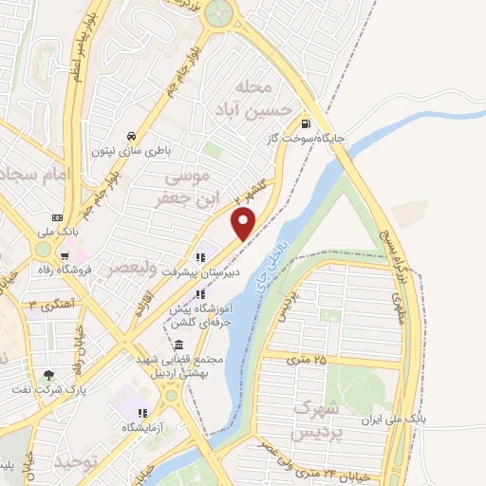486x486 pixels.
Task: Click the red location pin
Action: pyautogui.click(x=244, y=222)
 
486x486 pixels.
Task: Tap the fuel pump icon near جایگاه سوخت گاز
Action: pyautogui.click(x=304, y=123)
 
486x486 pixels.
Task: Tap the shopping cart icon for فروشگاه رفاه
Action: pyautogui.click(x=64, y=255)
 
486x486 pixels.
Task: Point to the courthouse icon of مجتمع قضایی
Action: pyautogui.click(x=179, y=345)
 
